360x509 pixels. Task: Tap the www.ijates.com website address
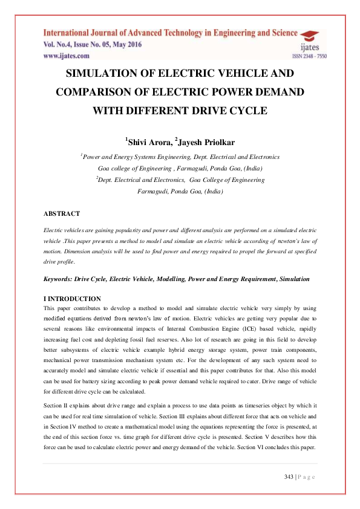pos(66,56)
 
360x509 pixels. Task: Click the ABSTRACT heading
pos(62,214)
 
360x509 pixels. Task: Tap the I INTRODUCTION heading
pos(72,299)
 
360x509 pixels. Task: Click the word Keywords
pos(57,279)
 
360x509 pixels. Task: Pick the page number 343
pos(289,478)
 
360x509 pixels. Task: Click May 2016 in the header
pos(127,45)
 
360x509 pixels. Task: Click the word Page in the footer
pos(306,478)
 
